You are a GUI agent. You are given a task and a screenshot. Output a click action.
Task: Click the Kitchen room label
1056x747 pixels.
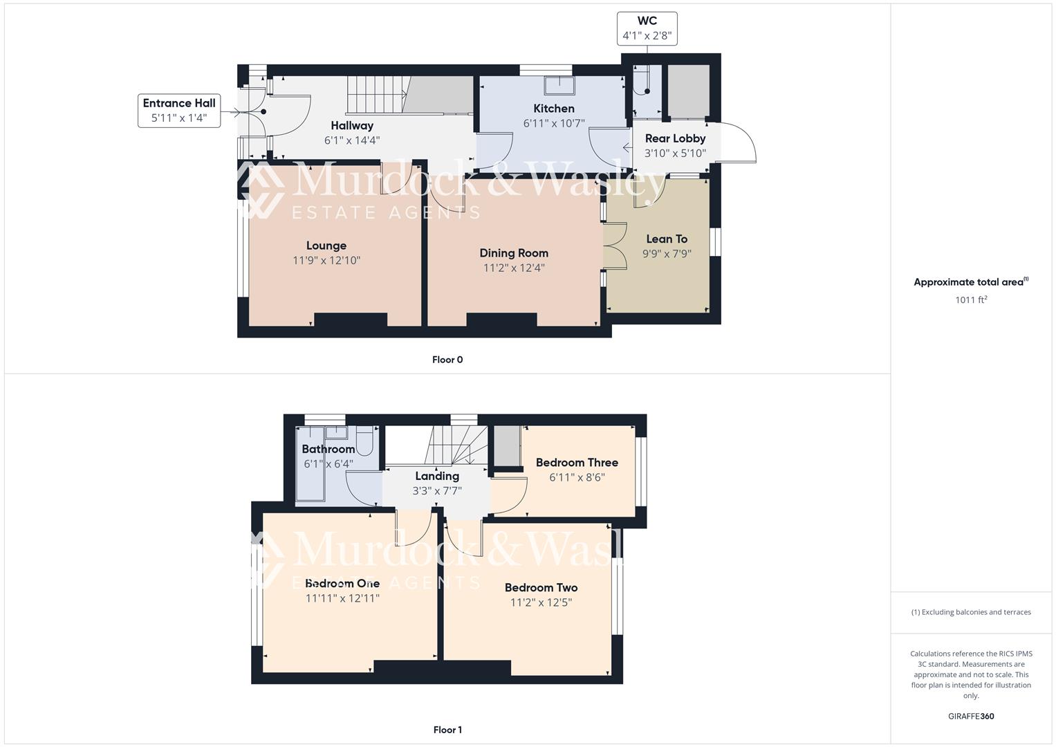(x=553, y=109)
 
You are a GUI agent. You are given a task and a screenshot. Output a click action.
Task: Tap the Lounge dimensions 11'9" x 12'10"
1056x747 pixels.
(x=326, y=261)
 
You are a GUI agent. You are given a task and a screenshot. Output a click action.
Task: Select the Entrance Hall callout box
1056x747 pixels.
(x=179, y=111)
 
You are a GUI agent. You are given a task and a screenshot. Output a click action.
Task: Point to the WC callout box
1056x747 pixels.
(x=647, y=28)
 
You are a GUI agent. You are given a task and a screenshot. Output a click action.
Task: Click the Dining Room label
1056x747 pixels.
(x=514, y=253)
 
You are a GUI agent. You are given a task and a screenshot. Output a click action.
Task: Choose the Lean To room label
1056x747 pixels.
(x=667, y=239)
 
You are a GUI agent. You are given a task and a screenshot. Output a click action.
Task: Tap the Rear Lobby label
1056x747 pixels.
(x=675, y=138)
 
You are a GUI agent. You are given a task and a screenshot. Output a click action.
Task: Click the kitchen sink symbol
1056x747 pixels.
(x=559, y=85)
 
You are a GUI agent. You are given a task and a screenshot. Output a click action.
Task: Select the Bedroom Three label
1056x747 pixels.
(x=577, y=463)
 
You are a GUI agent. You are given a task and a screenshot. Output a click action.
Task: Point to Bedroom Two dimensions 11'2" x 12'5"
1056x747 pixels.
(x=541, y=602)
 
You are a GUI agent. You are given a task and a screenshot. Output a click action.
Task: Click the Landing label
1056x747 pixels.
(x=437, y=476)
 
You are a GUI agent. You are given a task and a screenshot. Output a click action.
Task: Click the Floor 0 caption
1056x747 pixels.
(x=447, y=360)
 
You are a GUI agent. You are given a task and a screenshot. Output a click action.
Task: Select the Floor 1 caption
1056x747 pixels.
(x=447, y=730)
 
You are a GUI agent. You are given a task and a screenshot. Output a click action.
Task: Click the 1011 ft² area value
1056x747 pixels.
(x=971, y=299)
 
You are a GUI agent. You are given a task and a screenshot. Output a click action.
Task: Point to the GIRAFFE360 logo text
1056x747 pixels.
(x=971, y=717)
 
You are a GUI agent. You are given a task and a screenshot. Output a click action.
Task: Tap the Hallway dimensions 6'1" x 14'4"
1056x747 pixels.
(x=352, y=140)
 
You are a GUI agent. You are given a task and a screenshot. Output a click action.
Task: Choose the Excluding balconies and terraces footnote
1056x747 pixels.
(x=971, y=612)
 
